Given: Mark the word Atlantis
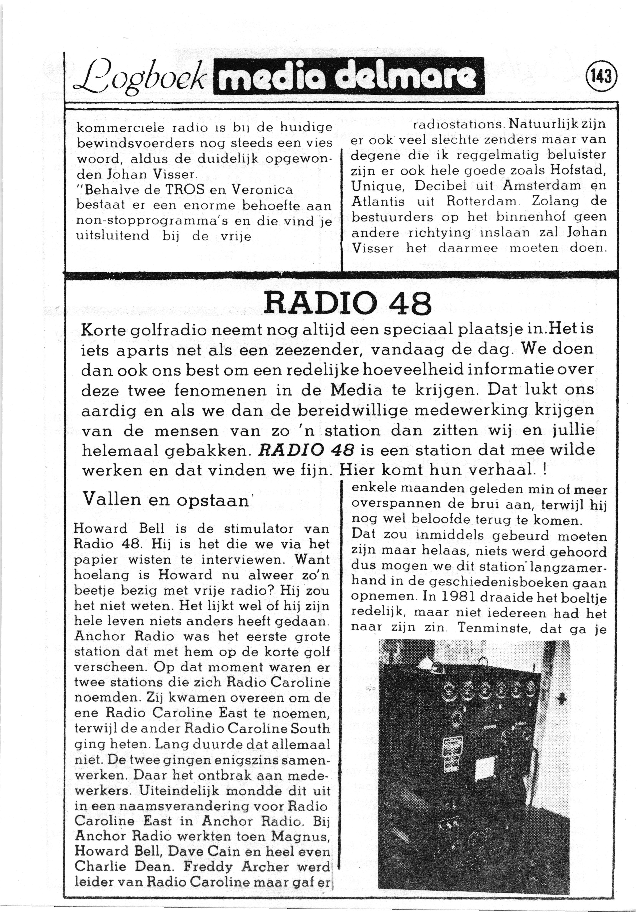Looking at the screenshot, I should coord(378,201).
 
